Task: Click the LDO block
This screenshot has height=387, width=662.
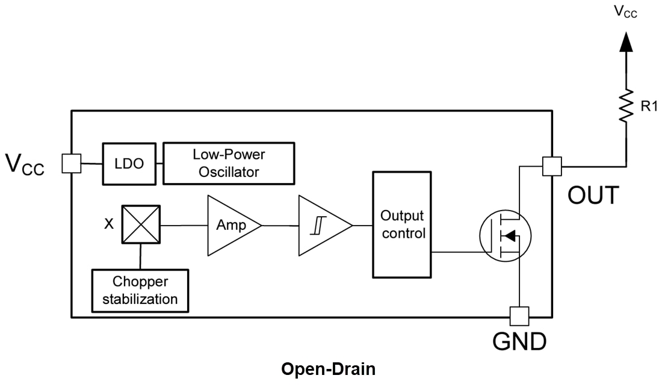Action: (x=129, y=163)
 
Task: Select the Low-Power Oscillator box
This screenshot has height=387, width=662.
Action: (x=229, y=163)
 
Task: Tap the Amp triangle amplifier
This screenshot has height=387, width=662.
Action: (x=232, y=225)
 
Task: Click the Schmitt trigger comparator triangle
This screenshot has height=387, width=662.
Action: (x=322, y=225)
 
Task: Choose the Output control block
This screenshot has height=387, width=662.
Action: (x=402, y=224)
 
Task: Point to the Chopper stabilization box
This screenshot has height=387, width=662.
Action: (x=140, y=291)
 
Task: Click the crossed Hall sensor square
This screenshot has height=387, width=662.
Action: (x=140, y=224)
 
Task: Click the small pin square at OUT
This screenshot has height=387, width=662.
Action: (x=551, y=166)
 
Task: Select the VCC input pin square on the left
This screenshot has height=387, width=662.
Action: (x=72, y=163)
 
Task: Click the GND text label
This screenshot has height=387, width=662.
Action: (x=519, y=342)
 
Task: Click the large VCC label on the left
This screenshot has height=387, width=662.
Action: (x=25, y=164)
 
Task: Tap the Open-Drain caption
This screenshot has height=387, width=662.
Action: (x=329, y=369)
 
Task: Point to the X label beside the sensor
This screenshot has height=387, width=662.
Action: (x=109, y=224)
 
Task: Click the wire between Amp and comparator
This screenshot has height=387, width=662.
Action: (x=280, y=226)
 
